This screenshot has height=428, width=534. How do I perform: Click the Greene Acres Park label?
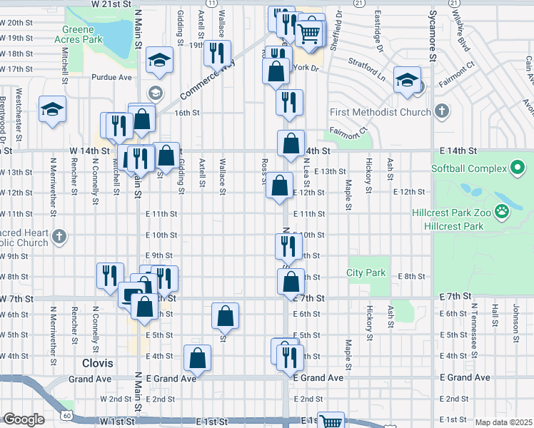[88, 35]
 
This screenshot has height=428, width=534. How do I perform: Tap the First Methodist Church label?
[380, 112]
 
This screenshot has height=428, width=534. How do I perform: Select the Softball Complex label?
[468, 168]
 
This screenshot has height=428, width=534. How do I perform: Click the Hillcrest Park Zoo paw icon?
[503, 210]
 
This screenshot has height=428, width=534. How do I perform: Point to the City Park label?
[366, 272]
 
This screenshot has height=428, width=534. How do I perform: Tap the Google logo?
[23, 419]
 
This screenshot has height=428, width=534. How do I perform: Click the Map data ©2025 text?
[503, 422]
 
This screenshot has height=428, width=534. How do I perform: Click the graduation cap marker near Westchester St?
[52, 111]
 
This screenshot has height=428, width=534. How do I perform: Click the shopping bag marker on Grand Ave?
[197, 358]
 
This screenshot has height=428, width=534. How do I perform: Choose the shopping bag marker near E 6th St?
[225, 316]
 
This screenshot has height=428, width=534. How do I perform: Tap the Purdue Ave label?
[111, 77]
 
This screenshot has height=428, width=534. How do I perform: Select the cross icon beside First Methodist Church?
[442, 111]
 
